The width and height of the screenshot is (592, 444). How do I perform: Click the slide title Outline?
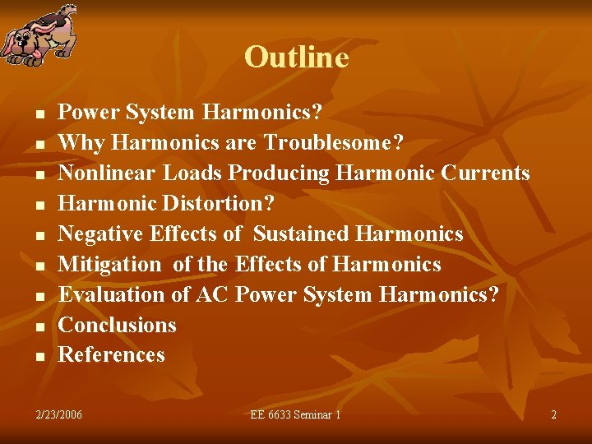[296, 58]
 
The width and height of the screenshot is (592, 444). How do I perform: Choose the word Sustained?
[301, 234]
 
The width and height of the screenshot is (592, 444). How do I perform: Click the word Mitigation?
[110, 265]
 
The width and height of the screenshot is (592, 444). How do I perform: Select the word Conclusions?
[118, 325]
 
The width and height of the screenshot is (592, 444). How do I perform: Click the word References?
[112, 355]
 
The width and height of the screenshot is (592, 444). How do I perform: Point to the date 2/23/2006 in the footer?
[59, 415]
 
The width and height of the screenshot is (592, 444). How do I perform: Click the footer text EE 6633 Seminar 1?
[295, 415]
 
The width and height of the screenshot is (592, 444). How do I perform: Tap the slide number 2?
[553, 415]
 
